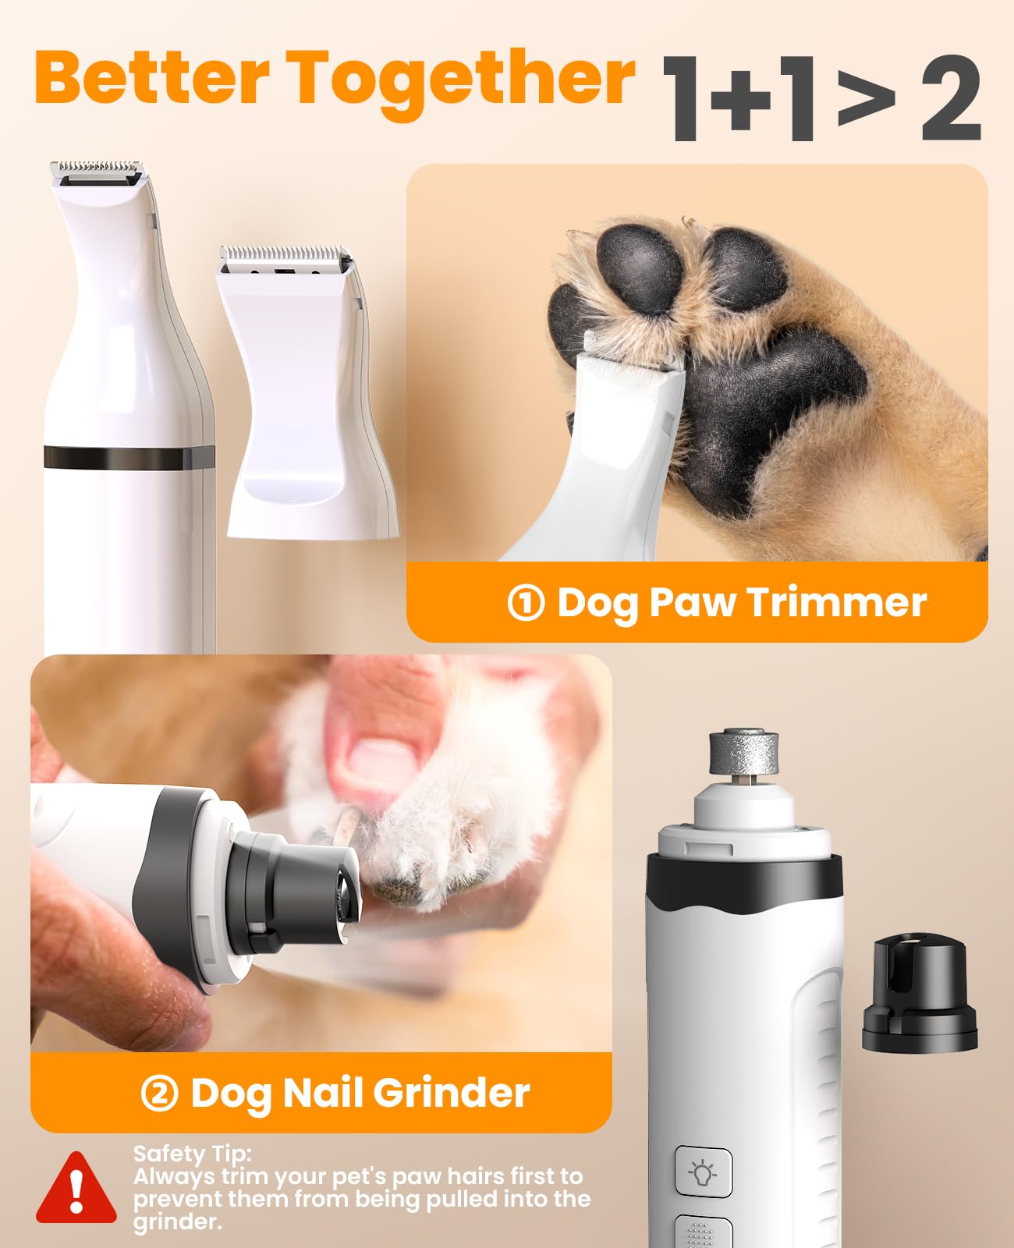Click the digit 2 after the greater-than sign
pos(950,100)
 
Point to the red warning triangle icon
pos(76,1189)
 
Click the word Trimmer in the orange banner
pos(836,602)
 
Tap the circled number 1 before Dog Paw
pos(526,603)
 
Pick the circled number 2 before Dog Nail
pos(160,1093)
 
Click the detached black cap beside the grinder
pos(920,994)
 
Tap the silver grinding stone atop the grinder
pos(743,752)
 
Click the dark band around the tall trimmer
pos(129,458)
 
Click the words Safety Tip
pos(192,1154)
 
